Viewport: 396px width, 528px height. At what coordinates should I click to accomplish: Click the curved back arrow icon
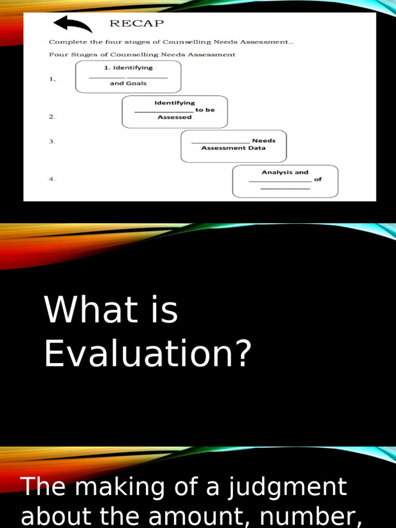73,24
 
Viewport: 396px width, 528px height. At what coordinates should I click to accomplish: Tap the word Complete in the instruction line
65,42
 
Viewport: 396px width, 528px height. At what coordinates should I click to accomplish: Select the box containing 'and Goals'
128,77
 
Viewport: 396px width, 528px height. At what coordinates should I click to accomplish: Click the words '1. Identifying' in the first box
128,68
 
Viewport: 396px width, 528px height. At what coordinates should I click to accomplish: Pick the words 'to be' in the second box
205,110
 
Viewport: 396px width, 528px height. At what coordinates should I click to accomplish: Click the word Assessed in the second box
174,117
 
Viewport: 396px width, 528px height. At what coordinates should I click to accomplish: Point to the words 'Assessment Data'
233,148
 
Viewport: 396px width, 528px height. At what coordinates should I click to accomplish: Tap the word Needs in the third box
263,140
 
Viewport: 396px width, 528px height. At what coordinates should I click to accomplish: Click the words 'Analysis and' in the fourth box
285,172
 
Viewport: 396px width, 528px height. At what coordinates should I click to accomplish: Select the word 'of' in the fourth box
318,179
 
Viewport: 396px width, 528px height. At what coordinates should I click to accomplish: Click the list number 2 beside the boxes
52,117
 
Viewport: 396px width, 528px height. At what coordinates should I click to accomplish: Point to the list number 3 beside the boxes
52,141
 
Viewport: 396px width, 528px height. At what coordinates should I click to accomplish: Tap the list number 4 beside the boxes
52,179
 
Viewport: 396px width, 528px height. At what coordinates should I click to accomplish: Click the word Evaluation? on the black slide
148,355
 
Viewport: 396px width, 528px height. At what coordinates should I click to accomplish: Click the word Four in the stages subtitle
58,54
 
